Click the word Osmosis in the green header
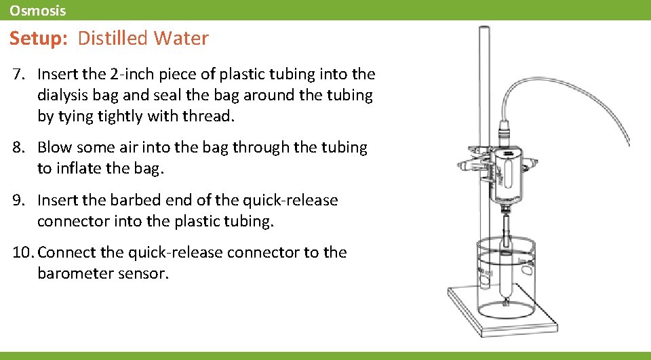coord(38,10)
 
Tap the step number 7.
coord(18,73)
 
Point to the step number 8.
coord(18,147)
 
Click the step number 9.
coord(18,201)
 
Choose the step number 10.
coord(22,253)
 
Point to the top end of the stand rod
coord(484,30)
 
